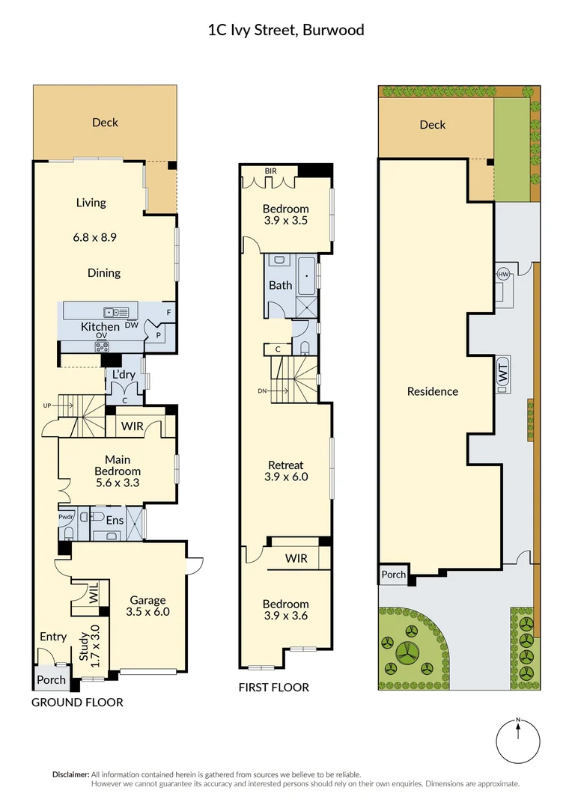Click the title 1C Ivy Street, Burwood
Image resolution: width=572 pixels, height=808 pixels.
click(285, 31)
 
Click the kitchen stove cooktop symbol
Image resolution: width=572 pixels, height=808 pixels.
click(102, 346)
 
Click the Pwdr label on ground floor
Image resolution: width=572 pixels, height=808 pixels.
click(67, 516)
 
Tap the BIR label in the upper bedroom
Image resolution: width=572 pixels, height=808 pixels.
click(271, 171)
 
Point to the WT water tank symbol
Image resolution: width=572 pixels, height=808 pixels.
click(502, 373)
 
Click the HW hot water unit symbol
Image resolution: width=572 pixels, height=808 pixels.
click(502, 275)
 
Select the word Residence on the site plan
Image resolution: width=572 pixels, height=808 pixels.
click(432, 391)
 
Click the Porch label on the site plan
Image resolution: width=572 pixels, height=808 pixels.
click(393, 575)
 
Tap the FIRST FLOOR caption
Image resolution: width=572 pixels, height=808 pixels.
click(273, 688)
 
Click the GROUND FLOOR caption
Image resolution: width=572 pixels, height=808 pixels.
click(77, 703)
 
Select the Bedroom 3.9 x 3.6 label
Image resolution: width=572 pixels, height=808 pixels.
click(286, 610)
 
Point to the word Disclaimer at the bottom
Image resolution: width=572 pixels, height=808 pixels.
click(70, 774)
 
